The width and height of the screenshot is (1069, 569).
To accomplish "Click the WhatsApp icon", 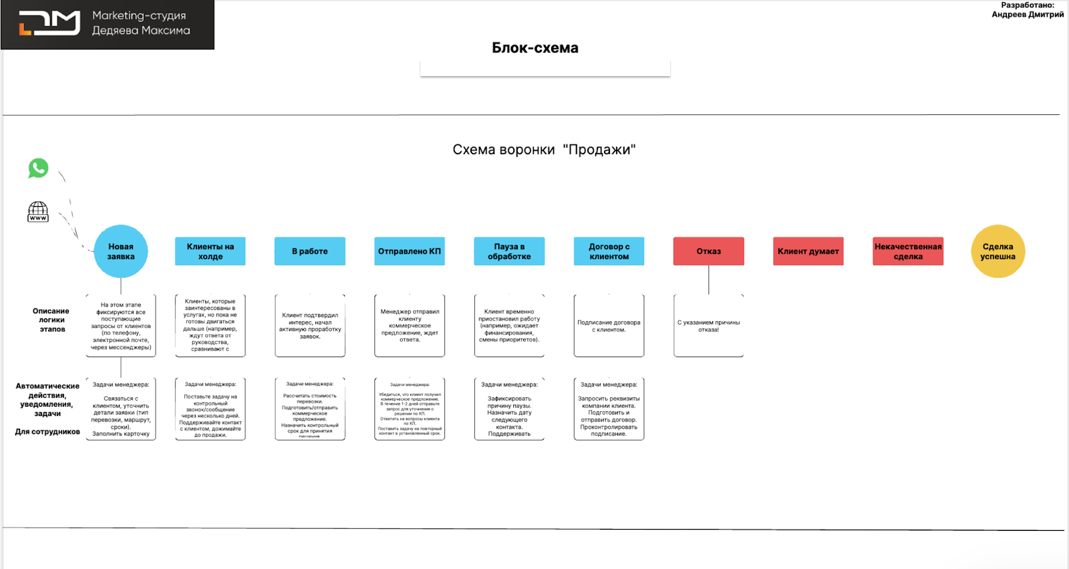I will click(38, 168).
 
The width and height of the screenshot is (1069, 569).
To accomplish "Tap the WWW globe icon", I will click(38, 212).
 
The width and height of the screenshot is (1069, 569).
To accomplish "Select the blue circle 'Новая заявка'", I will click(121, 251).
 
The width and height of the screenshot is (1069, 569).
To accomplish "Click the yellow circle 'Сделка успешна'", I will click(998, 251).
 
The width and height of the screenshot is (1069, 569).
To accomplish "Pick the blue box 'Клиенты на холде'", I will click(210, 251).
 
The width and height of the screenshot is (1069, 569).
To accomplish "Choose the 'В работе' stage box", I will click(309, 251).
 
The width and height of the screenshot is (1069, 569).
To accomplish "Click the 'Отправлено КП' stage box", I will click(409, 251).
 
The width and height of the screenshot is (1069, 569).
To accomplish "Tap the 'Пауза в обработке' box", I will click(509, 251).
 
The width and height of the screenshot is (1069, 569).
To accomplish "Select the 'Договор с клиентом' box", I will click(609, 251).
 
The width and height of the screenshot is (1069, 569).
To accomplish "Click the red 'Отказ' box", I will click(708, 251).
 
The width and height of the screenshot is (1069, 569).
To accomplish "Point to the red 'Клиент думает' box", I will click(808, 251).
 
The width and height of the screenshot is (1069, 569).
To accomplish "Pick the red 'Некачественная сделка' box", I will click(908, 251).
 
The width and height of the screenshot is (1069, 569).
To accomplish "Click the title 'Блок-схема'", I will click(535, 48).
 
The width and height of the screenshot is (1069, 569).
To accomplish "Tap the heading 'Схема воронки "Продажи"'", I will click(544, 150).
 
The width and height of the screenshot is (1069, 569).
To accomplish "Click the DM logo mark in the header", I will click(49, 23).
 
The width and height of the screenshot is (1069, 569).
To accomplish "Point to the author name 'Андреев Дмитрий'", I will click(1028, 15).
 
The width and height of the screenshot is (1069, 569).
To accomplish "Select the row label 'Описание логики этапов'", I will click(51, 320).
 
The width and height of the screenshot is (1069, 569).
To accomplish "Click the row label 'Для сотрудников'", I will click(47, 431).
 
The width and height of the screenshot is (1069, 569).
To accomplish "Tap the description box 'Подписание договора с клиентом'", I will click(609, 326).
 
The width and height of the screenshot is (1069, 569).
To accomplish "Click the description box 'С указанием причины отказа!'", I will click(708, 326).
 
